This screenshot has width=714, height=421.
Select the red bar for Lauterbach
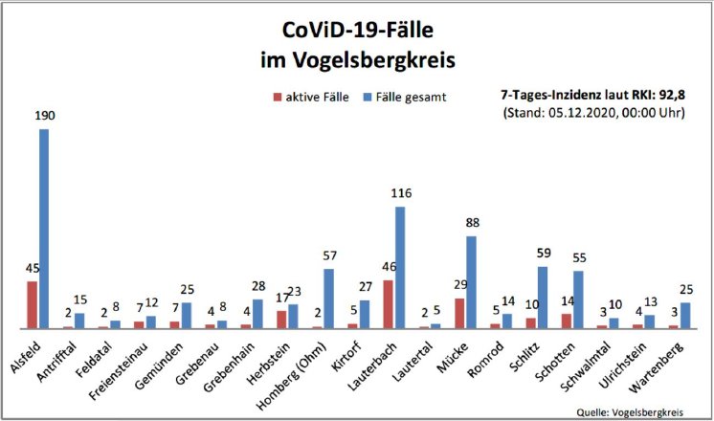388,304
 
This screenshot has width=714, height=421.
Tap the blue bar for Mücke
471,282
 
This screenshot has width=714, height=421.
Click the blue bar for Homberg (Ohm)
328,299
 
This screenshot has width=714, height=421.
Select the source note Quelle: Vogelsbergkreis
630,411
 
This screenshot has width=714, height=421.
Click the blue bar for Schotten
578,299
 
